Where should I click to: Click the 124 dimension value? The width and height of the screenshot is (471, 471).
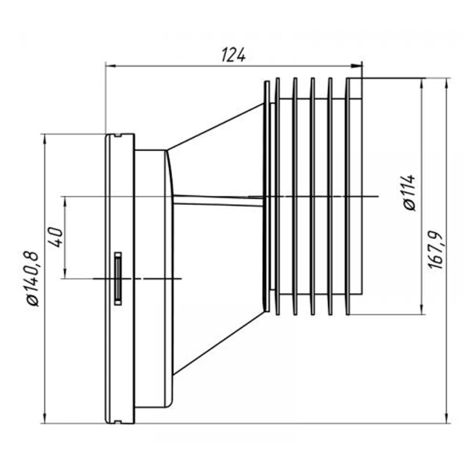pos(233,55)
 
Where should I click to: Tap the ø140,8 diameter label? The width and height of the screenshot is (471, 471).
pos(32,278)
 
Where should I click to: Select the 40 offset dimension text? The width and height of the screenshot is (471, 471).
pos(56,237)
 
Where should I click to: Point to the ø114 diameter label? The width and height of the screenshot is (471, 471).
pos(410,193)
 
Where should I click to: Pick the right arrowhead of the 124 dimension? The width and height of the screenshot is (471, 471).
pos(357,66)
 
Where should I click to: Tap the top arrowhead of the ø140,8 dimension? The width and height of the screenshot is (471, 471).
pos(45,139)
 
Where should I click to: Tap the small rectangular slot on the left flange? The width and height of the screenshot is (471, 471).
pos(118,279)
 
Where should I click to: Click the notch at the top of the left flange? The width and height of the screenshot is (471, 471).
pos(118,135)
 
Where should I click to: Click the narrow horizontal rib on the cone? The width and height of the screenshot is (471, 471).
pos(218,201)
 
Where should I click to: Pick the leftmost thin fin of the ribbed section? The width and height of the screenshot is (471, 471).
pos(266,197)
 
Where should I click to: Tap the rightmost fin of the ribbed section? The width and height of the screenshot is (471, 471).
pos(348,197)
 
